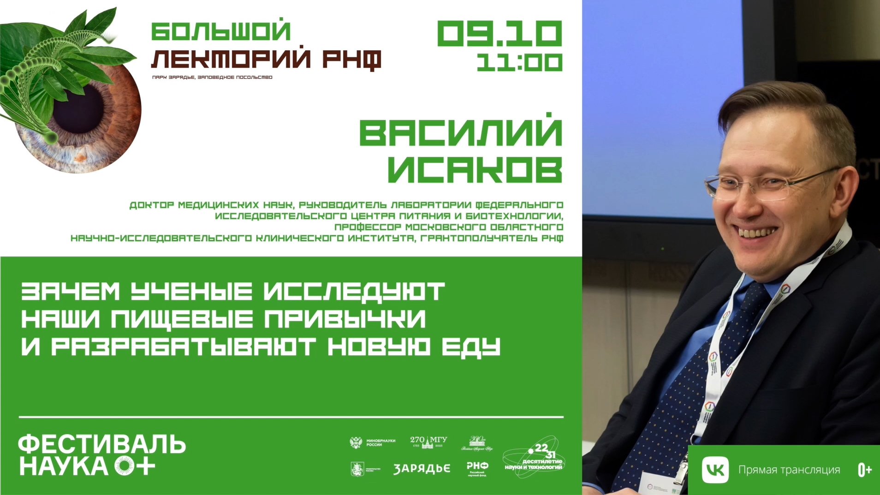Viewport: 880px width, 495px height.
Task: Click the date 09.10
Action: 499,34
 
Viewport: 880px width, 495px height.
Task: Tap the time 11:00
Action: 519,63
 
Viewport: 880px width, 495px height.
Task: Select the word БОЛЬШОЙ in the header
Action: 221,31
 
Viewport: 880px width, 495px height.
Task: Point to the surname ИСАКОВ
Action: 475,169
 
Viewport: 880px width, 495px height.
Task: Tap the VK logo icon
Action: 715,470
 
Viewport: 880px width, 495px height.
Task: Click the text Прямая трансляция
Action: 789,470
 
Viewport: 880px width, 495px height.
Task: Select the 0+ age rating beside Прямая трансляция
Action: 864,470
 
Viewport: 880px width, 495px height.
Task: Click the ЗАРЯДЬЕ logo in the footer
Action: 422,469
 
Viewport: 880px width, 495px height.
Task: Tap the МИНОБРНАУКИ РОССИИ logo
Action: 373,443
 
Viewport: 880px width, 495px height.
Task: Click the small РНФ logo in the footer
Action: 477,468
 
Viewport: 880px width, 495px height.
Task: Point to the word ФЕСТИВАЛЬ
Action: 102,444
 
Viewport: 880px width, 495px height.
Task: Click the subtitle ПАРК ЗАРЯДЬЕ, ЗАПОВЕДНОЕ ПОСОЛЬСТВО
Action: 212,77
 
